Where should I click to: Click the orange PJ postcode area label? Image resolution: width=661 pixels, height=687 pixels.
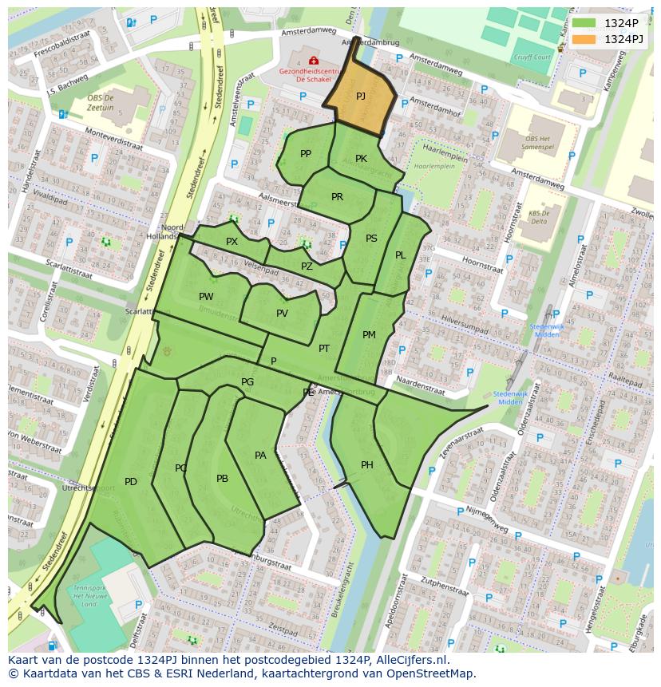tap(361, 96)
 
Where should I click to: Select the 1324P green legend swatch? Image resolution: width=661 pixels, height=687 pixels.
tap(584, 23)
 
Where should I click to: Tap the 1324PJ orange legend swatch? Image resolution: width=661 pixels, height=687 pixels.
tap(584, 39)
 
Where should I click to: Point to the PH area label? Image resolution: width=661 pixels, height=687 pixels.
tap(367, 465)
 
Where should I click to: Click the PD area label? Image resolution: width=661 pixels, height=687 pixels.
tap(131, 481)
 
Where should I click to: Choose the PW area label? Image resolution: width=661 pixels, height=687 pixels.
tap(206, 297)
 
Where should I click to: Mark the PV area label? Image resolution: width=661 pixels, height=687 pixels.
tap(282, 314)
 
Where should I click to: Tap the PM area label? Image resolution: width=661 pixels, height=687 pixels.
tap(369, 335)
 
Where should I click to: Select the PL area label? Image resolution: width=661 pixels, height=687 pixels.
tap(401, 255)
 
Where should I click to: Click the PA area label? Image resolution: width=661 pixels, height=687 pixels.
tap(260, 456)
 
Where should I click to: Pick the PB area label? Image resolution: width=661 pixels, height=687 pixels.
tap(222, 479)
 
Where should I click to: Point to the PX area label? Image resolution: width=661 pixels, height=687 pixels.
tap(232, 242)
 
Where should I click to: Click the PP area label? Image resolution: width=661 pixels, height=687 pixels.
tap(306, 154)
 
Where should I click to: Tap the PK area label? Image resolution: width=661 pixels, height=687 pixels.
tap(361, 159)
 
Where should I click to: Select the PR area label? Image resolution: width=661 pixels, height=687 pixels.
tap(337, 197)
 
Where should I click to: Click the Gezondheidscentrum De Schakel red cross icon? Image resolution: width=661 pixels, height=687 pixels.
tap(313, 61)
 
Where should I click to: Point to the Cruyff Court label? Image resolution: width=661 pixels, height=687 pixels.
tap(532, 57)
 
